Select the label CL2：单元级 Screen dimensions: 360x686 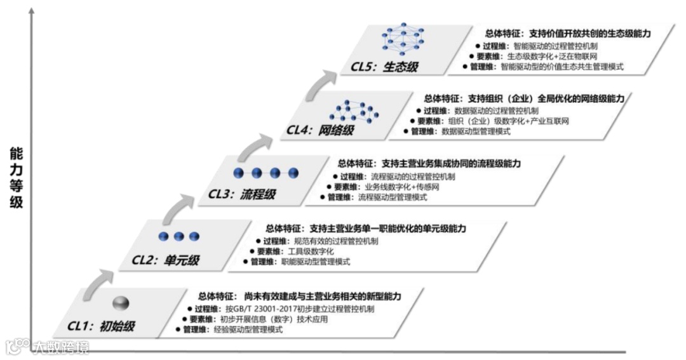click(165, 259)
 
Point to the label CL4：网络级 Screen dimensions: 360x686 click(319, 130)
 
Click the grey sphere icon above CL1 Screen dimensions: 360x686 click(121, 303)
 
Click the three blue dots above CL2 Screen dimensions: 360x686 click(178, 236)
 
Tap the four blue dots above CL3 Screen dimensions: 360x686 click(266, 173)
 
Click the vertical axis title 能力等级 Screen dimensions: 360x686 click(16, 178)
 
